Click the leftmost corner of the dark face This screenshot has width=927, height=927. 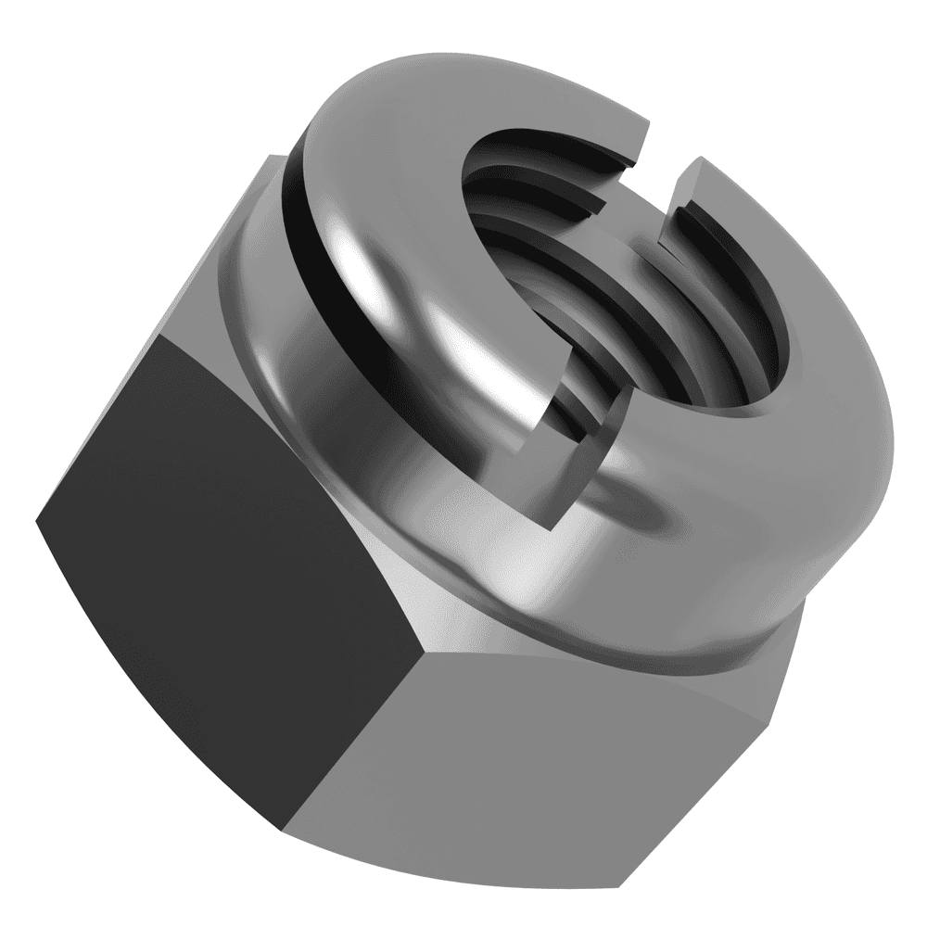click(x=37, y=519)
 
